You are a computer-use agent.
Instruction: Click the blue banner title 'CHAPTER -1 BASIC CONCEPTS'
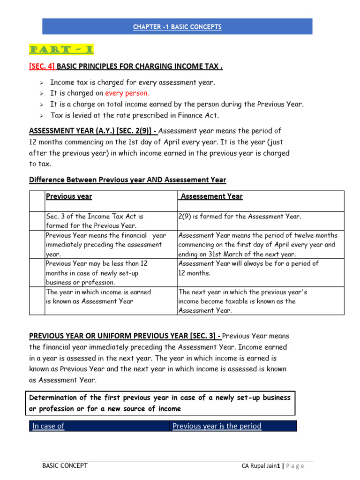pyautogui.click(x=177, y=27)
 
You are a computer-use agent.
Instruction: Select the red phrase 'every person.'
pyautogui.click(x=127, y=93)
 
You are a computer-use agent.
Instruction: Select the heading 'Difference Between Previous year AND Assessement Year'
pyautogui.click(x=127, y=180)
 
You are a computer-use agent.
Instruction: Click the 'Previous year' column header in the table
pyautogui.click(x=69, y=196)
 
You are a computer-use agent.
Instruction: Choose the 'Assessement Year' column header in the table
pyautogui.click(x=211, y=196)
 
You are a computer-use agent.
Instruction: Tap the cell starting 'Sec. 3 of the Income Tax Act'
pyautogui.click(x=95, y=221)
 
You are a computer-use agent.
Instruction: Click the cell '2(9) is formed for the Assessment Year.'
pyautogui.click(x=240, y=217)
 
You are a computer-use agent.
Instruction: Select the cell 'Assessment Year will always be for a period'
pyautogui.click(x=248, y=268)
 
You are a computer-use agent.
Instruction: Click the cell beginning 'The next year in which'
pyautogui.click(x=243, y=301)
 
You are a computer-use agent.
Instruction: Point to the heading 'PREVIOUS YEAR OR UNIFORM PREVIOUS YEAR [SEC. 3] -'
pyautogui.click(x=125, y=336)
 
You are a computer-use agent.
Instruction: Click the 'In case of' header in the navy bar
pyautogui.click(x=48, y=426)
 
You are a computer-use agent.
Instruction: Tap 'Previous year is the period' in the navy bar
pyautogui.click(x=217, y=426)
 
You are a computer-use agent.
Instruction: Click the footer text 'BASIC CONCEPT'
pyautogui.click(x=65, y=465)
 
